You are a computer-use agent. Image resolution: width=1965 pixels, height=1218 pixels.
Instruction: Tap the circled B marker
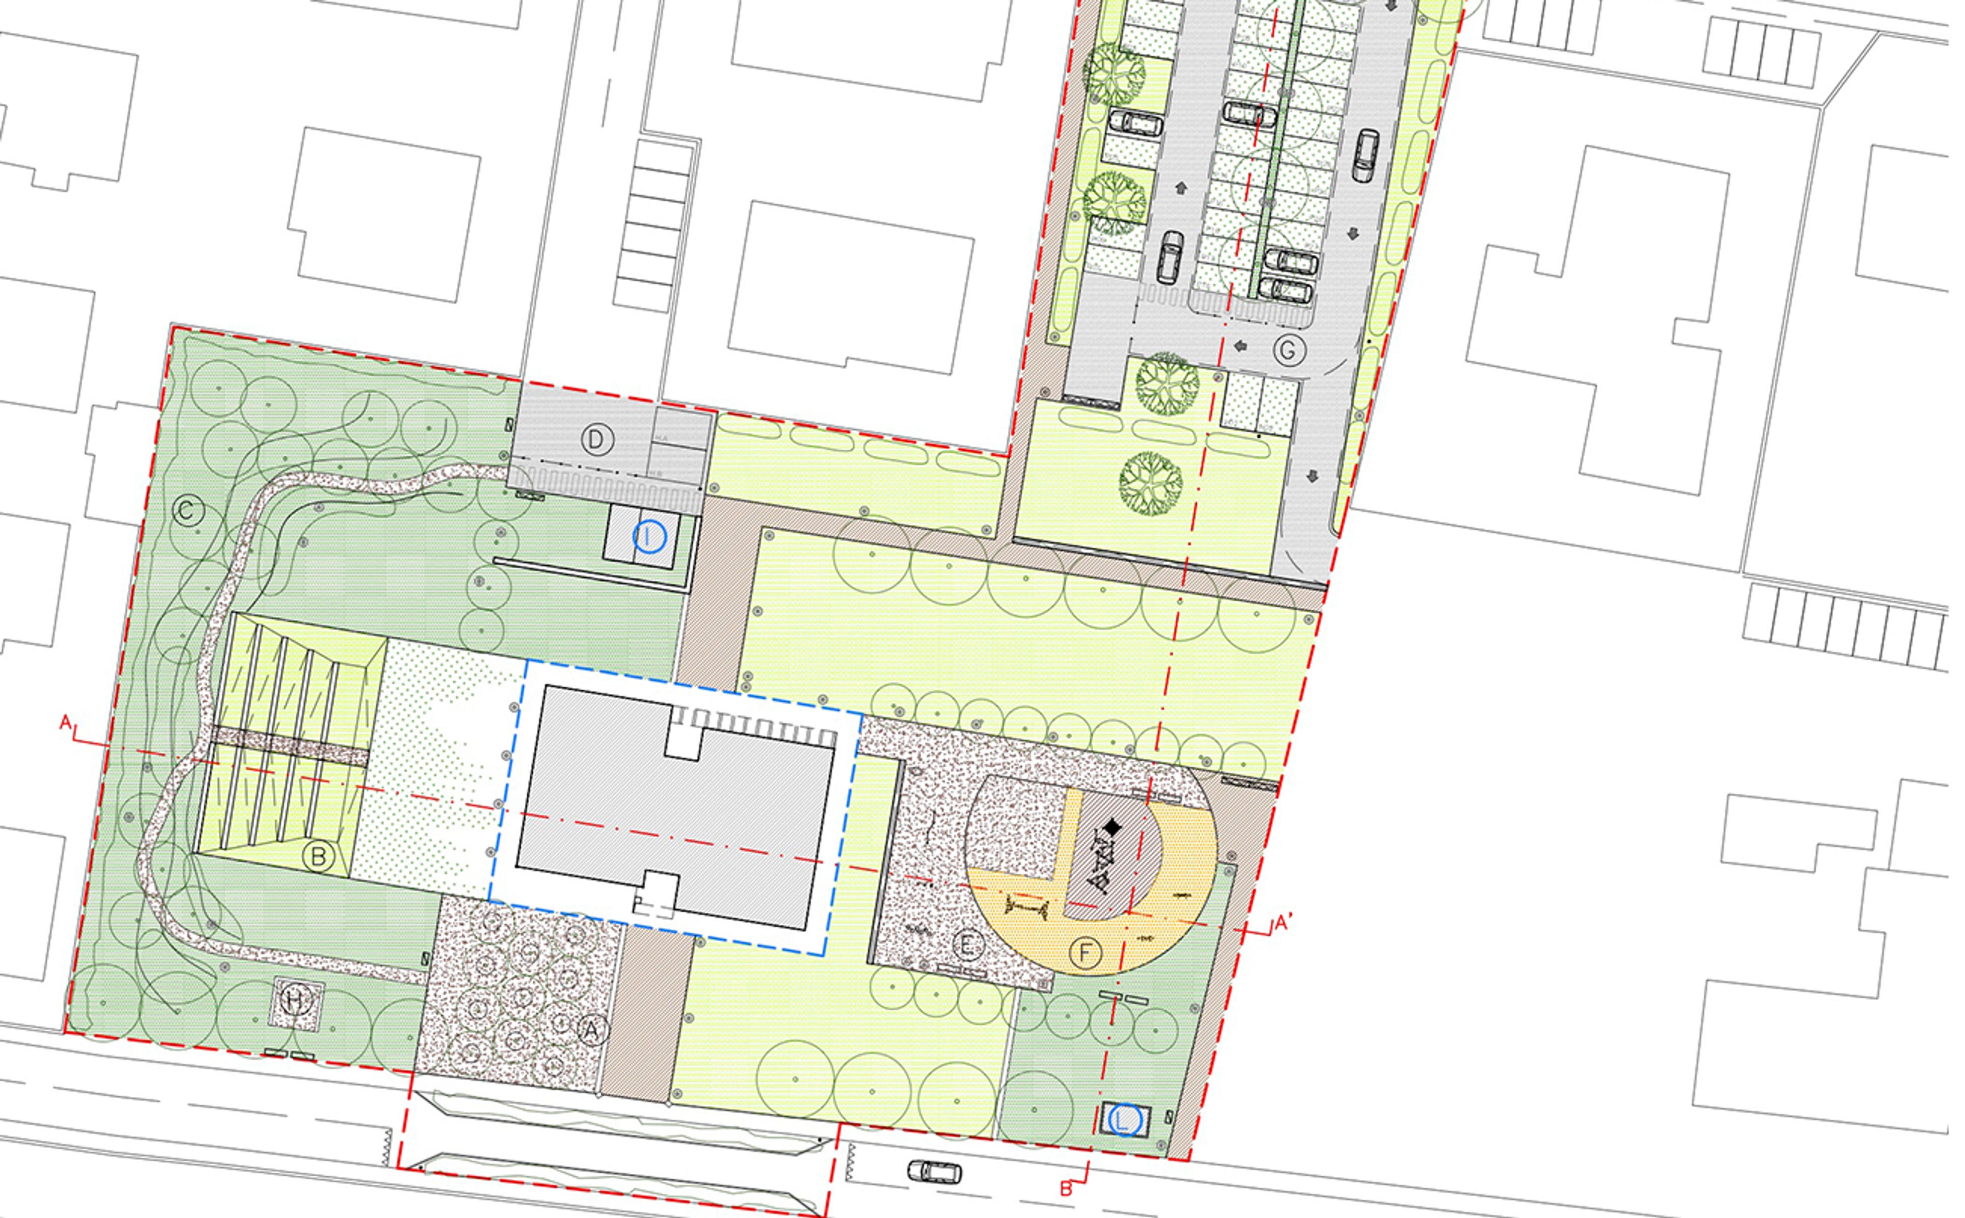point(318,856)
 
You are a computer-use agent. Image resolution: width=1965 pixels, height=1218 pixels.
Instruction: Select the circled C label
point(188,511)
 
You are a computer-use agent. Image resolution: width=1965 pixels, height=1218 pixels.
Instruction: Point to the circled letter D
point(597,440)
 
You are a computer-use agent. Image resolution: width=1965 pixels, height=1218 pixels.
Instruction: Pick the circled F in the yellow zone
point(1085,953)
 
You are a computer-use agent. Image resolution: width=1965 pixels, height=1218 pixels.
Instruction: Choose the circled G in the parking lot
point(1288,351)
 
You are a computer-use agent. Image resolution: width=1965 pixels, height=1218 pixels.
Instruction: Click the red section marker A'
point(1283,923)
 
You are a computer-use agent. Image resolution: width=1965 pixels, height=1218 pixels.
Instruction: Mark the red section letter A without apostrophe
point(66,722)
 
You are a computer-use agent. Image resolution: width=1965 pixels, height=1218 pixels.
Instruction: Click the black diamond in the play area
point(1112,827)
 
